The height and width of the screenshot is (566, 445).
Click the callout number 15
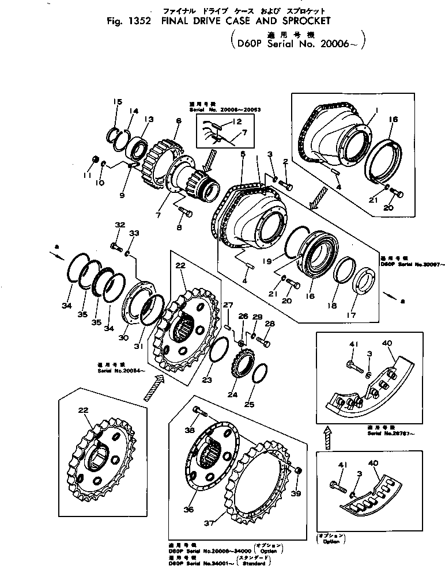118,102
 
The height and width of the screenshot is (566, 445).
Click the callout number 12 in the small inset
236,121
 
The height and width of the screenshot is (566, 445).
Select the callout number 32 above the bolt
119,225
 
